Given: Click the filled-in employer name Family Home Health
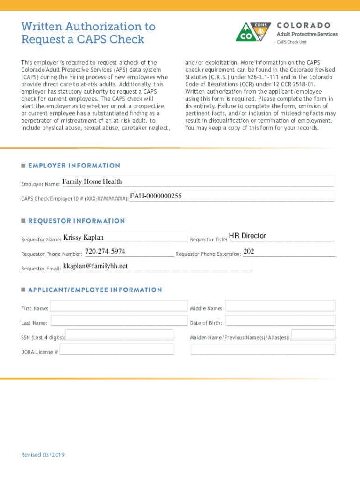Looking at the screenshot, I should coord(92,181).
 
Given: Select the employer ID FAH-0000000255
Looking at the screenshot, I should coord(156,196).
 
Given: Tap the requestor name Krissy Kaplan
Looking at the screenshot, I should coord(83,237).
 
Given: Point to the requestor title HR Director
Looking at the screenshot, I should coord(247,236).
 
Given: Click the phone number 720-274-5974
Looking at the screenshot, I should coord(105,251).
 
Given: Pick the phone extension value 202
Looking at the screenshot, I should coord(249,251).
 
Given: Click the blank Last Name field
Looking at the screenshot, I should coord(119,320).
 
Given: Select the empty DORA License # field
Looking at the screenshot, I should coord(116,349).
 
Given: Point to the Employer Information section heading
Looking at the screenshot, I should coord(74,166).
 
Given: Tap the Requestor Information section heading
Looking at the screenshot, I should coord(77,221).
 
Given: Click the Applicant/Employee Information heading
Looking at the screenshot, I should coord(95,290).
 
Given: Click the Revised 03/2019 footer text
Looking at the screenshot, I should coord(43,455).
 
